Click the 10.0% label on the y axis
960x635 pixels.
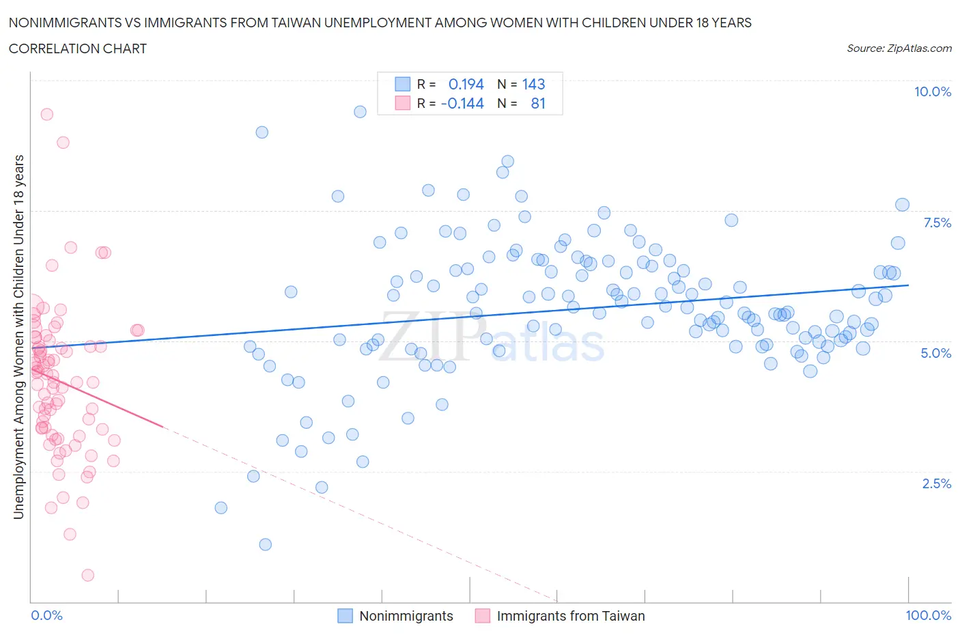coord(932,91)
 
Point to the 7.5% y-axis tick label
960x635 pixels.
coord(936,223)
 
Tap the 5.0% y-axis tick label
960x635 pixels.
coord(935,353)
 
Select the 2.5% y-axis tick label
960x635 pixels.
coord(936,483)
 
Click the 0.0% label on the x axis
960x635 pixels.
coord(46,615)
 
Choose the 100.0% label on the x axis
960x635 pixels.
coord(928,615)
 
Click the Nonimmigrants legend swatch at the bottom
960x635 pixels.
coord(345,616)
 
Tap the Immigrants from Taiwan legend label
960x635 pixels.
coord(570,616)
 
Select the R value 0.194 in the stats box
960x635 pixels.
coord(466,84)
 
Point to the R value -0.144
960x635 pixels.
coord(462,103)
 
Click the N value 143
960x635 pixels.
coord(533,84)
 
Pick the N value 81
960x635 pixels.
coord(538,103)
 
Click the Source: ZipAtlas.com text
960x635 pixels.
coord(899,48)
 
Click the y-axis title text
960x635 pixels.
coord(18,337)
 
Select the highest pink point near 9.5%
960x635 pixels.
coord(46,114)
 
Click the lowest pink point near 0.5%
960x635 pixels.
coord(87,575)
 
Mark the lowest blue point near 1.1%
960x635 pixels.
coord(266,544)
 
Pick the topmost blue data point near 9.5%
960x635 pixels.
coord(360,111)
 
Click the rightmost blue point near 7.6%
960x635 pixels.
coord(902,205)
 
